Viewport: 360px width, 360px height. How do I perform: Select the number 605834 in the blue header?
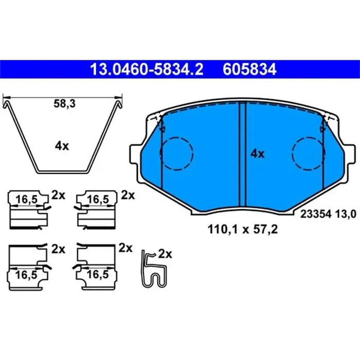(249, 69)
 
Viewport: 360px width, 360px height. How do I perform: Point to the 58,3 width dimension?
(64, 103)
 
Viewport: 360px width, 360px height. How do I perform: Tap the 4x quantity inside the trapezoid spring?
(62, 146)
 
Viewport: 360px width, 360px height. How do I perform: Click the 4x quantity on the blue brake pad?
(257, 153)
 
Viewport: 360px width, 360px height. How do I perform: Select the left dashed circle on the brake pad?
(176, 153)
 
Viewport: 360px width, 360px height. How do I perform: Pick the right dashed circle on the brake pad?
(308, 153)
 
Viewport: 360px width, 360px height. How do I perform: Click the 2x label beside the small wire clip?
(165, 254)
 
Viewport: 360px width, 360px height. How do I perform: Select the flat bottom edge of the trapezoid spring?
(63, 171)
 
